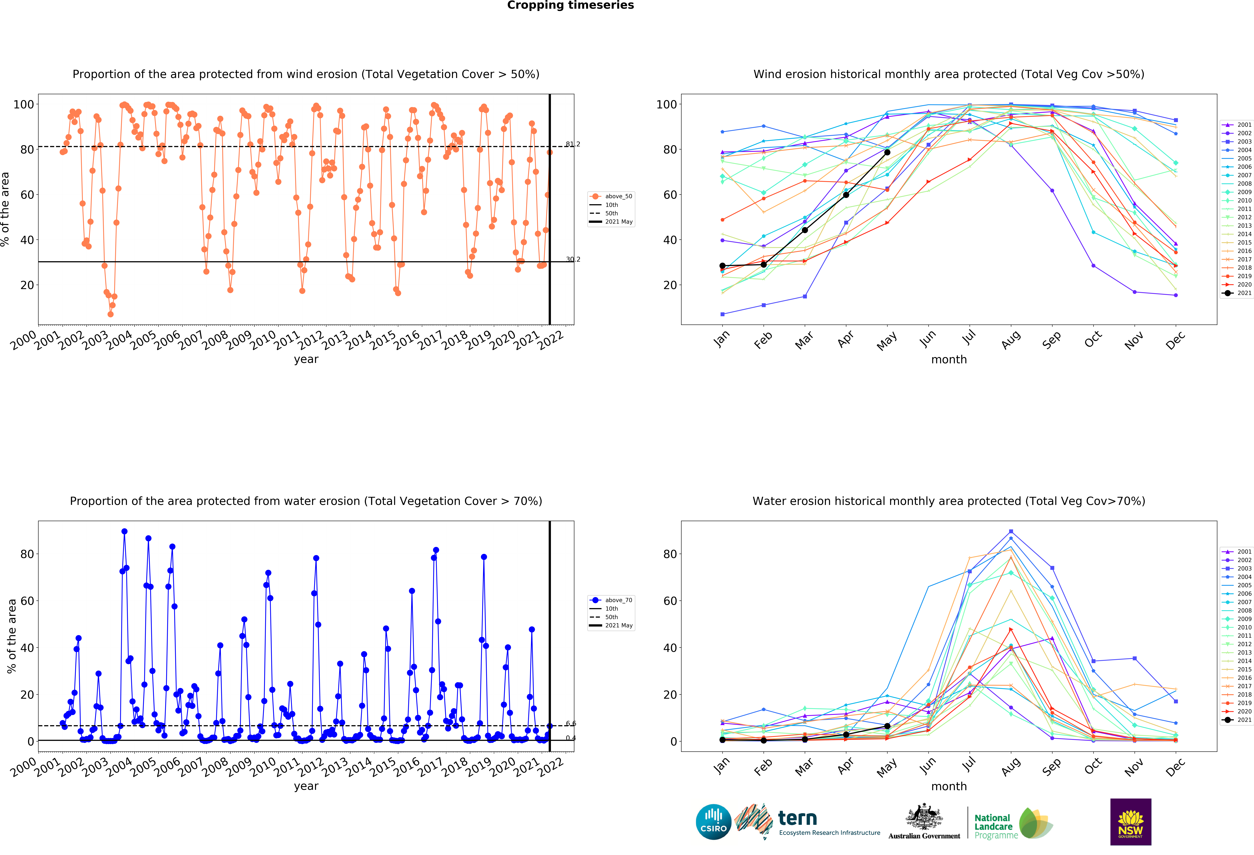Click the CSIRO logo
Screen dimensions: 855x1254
[x=713, y=822]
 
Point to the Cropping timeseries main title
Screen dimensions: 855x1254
[x=570, y=5]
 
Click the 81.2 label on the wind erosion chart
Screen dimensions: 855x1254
[x=572, y=144]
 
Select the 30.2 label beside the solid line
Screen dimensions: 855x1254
[x=572, y=260]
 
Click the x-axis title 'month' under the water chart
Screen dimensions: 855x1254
[x=949, y=786]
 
